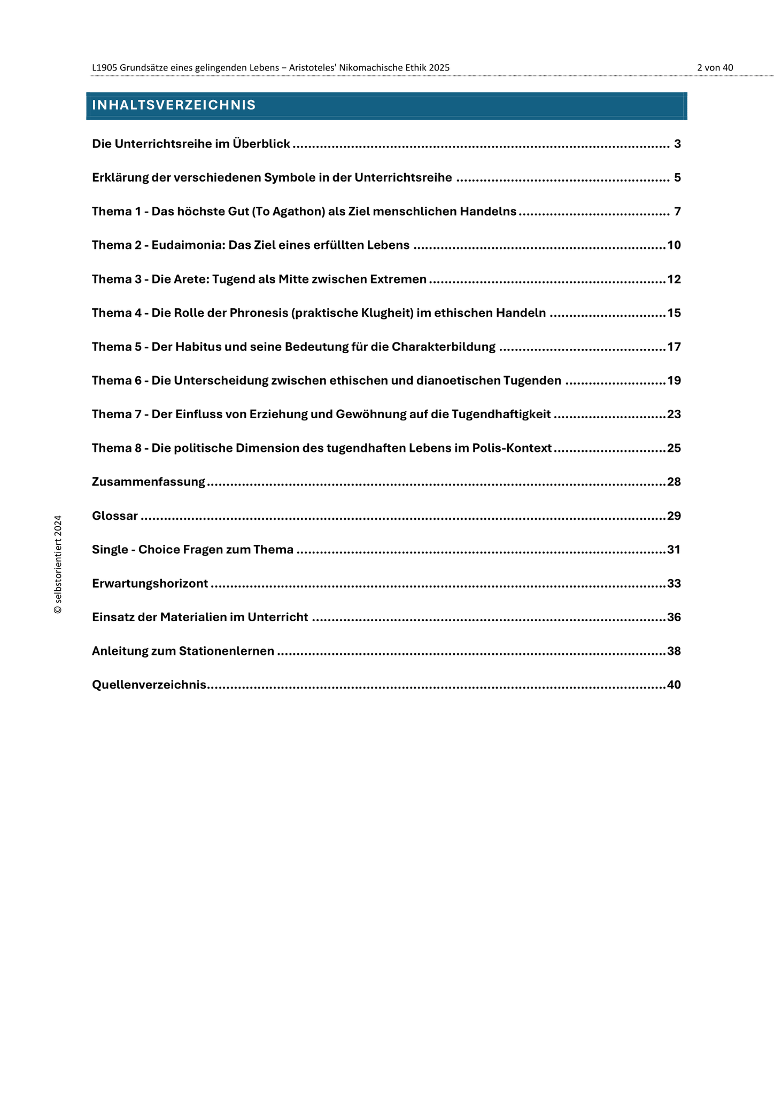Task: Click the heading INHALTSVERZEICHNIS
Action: [174, 105]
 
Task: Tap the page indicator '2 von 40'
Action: [715, 68]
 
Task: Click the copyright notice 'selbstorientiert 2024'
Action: [58, 564]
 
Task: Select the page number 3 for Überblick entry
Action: [677, 144]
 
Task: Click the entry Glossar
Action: [115, 516]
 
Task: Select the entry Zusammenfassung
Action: [149, 482]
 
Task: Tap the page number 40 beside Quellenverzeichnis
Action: [674, 685]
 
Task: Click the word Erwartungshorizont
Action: [150, 583]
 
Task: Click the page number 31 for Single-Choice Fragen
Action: [674, 550]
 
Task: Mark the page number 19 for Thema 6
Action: [674, 380]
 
